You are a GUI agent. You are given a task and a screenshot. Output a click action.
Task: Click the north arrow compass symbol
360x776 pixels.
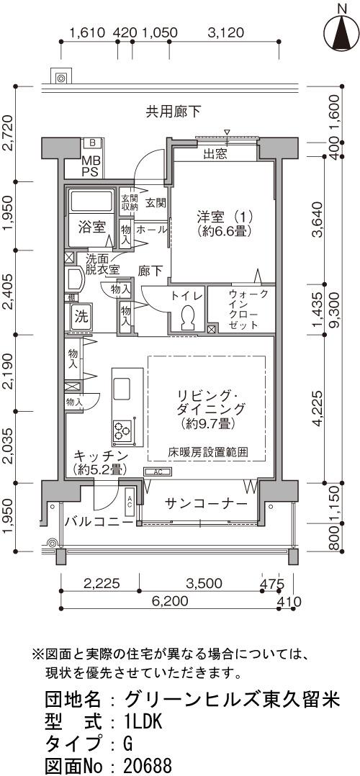coord(341,30)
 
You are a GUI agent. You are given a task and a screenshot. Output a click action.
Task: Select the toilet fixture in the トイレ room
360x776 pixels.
coord(187,317)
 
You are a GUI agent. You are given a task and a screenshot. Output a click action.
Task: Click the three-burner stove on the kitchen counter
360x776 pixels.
coord(122,430)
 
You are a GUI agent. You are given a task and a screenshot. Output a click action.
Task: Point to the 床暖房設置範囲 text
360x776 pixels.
coord(208,452)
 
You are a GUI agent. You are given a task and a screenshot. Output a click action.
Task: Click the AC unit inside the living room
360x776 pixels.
coord(158,472)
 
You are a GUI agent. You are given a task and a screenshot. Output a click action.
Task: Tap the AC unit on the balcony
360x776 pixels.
coord(130,502)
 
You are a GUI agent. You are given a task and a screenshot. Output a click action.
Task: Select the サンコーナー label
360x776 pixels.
coord(206,504)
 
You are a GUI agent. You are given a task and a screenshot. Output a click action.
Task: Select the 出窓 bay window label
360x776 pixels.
coord(215,154)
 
